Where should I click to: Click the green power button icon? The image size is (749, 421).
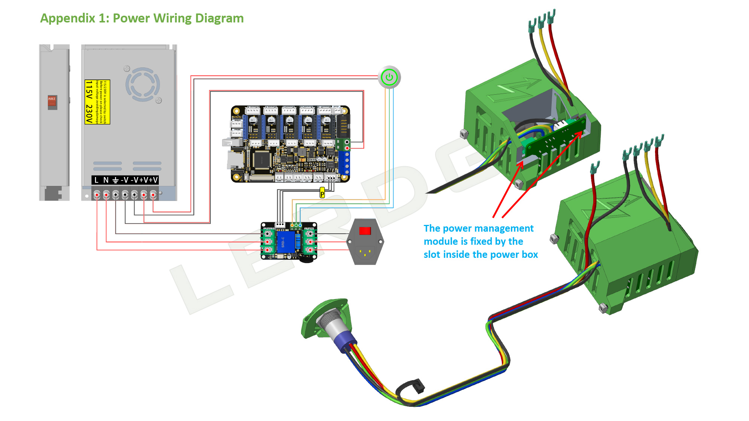coord(389,77)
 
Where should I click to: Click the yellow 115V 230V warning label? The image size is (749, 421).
coord(97,102)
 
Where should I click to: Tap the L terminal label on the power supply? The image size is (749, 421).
coord(97,180)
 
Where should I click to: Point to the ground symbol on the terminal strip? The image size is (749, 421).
coord(115,180)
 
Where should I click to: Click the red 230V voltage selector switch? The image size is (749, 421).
coord(52,102)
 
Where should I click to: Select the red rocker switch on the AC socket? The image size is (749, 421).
coord(365,231)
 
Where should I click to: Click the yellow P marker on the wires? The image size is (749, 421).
coord(322,193)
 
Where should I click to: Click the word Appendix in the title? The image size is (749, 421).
coord(68,18)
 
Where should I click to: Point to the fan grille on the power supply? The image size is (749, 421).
coord(143,84)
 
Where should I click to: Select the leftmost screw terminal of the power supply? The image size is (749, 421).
coord(97,195)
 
